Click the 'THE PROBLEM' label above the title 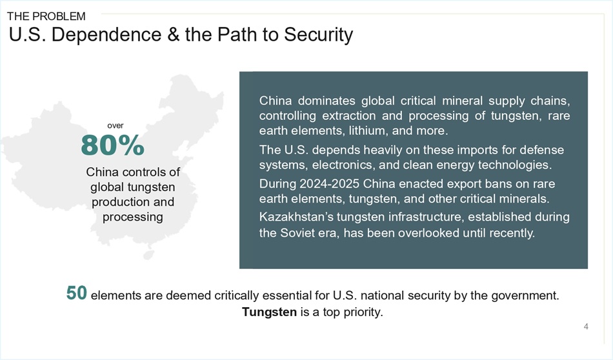point(46,16)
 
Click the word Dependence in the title point(106,34)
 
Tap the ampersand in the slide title point(173,34)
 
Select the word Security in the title point(318,35)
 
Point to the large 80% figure point(112,145)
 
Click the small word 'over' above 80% point(116,125)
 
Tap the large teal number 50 point(77,293)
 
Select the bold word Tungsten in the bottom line point(269,312)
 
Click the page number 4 point(586,326)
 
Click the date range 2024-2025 point(330,184)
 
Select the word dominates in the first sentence point(327,101)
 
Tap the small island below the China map point(148,255)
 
